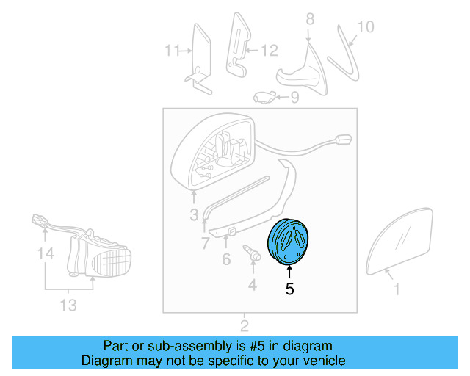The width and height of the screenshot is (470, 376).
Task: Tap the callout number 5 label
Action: [289, 289]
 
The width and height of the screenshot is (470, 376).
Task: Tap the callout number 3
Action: [194, 215]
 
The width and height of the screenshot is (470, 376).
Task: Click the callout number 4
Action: [252, 284]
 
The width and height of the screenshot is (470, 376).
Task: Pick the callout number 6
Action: [225, 258]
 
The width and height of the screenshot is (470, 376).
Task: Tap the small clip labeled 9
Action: [264, 95]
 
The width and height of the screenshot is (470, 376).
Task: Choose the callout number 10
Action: [365, 27]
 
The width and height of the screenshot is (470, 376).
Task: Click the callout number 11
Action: [172, 51]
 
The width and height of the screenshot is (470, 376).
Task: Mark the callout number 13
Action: [68, 305]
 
